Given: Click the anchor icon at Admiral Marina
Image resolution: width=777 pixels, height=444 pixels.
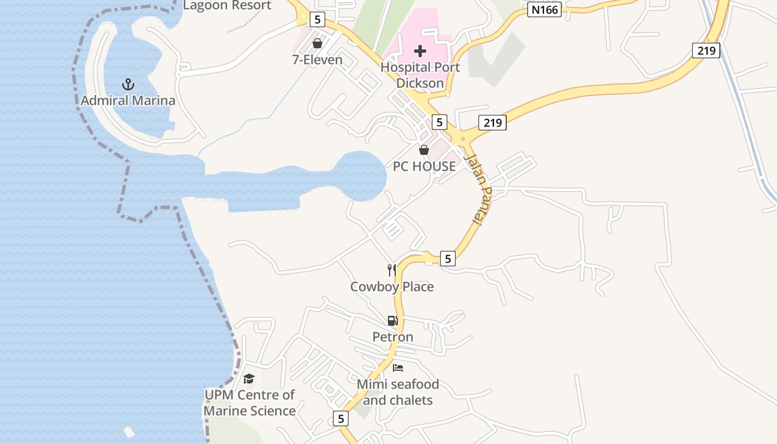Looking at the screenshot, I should pos(128,84).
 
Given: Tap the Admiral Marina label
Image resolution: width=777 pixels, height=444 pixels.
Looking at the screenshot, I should pos(128,100).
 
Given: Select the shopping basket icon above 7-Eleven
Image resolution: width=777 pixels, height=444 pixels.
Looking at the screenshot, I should pos(317,43).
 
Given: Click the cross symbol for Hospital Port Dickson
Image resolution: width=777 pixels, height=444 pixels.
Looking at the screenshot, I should pos(420,51).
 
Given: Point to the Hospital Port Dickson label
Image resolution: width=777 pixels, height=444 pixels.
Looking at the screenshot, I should pos(420,75).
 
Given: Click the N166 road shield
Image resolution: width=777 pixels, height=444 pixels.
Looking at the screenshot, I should pos(544,9).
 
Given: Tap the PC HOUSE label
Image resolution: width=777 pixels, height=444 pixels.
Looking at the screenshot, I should pos(424,166).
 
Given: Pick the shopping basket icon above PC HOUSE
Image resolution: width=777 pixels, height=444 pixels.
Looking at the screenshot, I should pos(424,150).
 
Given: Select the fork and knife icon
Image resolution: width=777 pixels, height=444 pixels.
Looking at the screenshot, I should pos(392,270).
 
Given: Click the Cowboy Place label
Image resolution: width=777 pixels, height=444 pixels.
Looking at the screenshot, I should pos(392,287).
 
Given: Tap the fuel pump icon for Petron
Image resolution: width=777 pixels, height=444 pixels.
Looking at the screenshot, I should pos(392,321).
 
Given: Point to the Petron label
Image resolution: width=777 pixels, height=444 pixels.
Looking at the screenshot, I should pos(392,337).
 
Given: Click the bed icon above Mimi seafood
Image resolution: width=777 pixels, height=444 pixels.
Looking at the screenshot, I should pos(397,367).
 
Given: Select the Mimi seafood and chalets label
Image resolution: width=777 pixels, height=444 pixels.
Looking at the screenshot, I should pos(397,392).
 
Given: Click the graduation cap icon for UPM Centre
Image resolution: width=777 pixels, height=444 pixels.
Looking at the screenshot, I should pos(249,379).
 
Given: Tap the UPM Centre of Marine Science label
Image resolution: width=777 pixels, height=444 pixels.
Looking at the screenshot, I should pos(250,403).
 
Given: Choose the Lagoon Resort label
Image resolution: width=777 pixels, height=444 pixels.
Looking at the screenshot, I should pos(227,6).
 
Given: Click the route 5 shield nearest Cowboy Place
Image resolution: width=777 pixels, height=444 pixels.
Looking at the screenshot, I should pos(448,258).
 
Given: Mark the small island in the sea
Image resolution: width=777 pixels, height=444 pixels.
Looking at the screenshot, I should pos(129,431).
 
